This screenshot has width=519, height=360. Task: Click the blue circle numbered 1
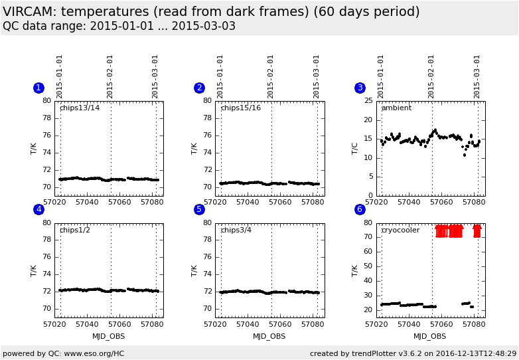(x=38, y=88)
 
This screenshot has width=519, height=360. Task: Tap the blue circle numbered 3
(x=360, y=88)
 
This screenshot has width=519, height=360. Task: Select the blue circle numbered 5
(x=199, y=209)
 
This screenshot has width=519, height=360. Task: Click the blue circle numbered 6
(x=360, y=209)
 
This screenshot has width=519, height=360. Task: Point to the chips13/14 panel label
(x=80, y=108)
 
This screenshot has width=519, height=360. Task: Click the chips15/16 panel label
(x=240, y=108)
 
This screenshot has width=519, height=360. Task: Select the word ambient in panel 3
(x=396, y=108)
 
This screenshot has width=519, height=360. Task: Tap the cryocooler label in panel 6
(x=400, y=230)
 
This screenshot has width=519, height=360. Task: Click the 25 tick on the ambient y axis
(x=368, y=101)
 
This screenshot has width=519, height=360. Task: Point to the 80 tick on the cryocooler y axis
(x=368, y=223)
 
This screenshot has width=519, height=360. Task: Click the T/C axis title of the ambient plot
(x=355, y=148)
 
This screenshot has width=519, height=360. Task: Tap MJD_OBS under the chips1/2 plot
(x=109, y=336)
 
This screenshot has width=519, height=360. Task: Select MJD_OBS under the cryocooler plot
(x=430, y=336)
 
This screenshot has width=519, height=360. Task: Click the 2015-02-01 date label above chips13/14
(x=110, y=76)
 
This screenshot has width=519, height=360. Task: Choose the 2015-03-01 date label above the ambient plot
(x=477, y=76)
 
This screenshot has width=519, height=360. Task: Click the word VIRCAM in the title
(x=29, y=12)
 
